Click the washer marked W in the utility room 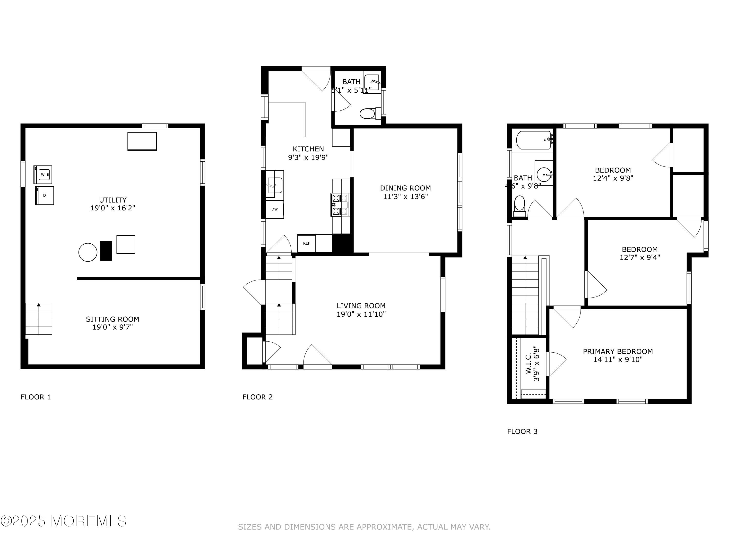click(43, 174)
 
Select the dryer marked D click(44, 196)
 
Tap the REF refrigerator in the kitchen click(306, 243)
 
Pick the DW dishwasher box click(275, 209)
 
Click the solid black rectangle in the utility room click(106, 251)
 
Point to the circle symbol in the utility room click(88, 252)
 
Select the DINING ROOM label click(405, 188)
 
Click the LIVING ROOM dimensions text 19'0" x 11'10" click(361, 314)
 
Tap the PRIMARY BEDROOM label click(618, 351)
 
